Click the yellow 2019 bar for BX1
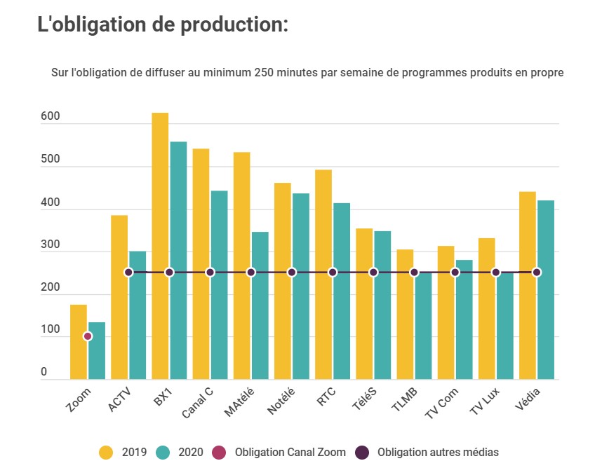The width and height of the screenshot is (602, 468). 160,246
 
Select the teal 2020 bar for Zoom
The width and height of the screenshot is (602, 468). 97,350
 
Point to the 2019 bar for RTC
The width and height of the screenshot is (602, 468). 323,274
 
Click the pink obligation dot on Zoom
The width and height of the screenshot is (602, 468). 88,336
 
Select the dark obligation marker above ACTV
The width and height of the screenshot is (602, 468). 128,273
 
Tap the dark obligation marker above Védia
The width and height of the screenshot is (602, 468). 537,273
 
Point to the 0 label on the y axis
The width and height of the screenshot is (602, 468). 44,373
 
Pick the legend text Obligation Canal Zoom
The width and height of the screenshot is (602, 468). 290,452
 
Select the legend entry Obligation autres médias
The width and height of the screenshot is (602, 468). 438,452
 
